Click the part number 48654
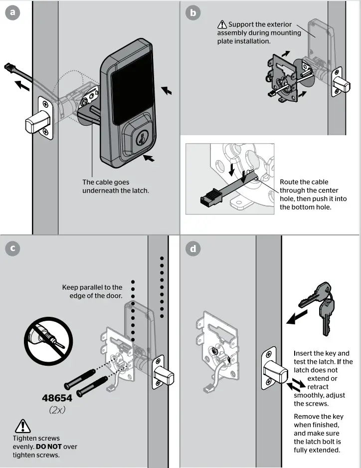[56, 398]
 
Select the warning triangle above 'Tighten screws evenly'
[23, 426]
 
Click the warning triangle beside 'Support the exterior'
[222, 24]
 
